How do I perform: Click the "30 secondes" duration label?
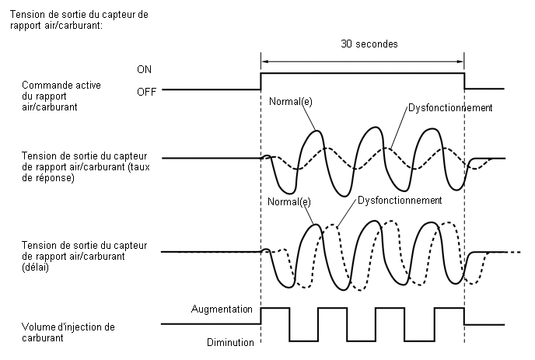369,44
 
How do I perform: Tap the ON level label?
144,70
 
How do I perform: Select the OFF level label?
146,92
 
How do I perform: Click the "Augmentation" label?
222,309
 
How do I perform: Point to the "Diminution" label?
230,342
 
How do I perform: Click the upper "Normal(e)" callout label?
290,101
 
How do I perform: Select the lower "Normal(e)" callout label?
289,201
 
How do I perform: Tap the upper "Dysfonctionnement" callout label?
450,108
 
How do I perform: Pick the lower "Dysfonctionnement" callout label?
400,200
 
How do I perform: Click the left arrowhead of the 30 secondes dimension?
264,61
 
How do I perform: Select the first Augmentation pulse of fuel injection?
275,308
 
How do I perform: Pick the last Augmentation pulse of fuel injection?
449,308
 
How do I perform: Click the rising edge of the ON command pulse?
261,81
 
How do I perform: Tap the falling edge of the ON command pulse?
464,81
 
